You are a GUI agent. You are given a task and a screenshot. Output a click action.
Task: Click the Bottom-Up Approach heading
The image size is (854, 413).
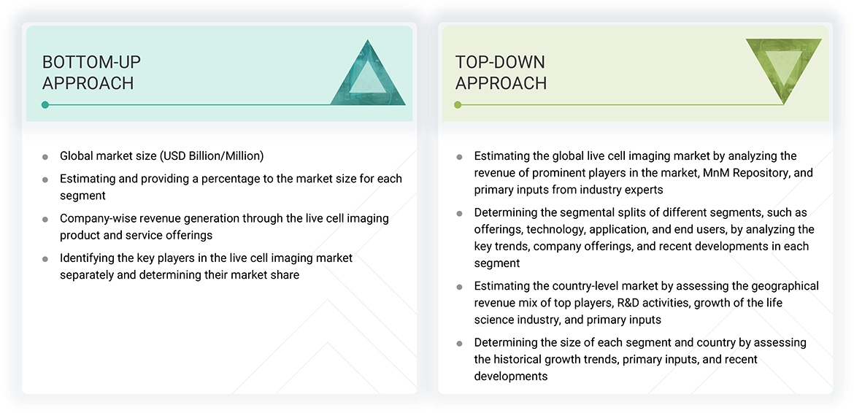[x=91, y=72]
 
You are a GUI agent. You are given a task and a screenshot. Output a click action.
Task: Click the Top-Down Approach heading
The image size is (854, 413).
[x=501, y=72]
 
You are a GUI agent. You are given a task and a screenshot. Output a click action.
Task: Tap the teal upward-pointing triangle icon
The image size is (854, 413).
[x=368, y=76]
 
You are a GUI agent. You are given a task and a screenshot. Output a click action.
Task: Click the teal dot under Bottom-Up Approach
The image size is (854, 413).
[x=45, y=105]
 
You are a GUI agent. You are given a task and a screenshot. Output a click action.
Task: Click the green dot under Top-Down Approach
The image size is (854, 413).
[x=458, y=105]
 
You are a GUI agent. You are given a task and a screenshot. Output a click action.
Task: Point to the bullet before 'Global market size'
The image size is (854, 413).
[x=45, y=157]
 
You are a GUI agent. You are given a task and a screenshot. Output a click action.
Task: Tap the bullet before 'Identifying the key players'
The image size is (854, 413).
[x=45, y=259]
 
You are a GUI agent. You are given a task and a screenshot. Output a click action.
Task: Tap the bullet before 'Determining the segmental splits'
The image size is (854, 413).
[x=459, y=214]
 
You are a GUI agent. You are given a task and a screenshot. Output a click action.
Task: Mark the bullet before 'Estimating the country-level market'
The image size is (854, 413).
[x=459, y=287]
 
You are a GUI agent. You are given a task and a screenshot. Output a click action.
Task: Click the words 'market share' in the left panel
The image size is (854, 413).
[x=266, y=274]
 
